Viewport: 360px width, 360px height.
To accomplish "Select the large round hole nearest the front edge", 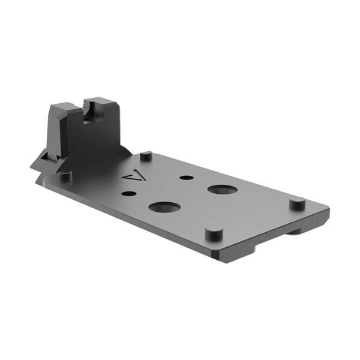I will [x=164, y=208].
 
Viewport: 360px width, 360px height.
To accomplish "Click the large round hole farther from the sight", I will [x=222, y=190].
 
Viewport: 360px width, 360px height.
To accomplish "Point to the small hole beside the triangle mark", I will [x=128, y=194].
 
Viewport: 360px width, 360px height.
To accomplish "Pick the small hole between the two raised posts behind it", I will [x=187, y=178].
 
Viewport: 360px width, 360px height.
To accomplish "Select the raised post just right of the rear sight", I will [x=146, y=157].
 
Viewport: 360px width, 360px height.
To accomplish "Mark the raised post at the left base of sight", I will [x=64, y=175].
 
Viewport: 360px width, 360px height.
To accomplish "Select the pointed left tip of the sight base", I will [x=34, y=163].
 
